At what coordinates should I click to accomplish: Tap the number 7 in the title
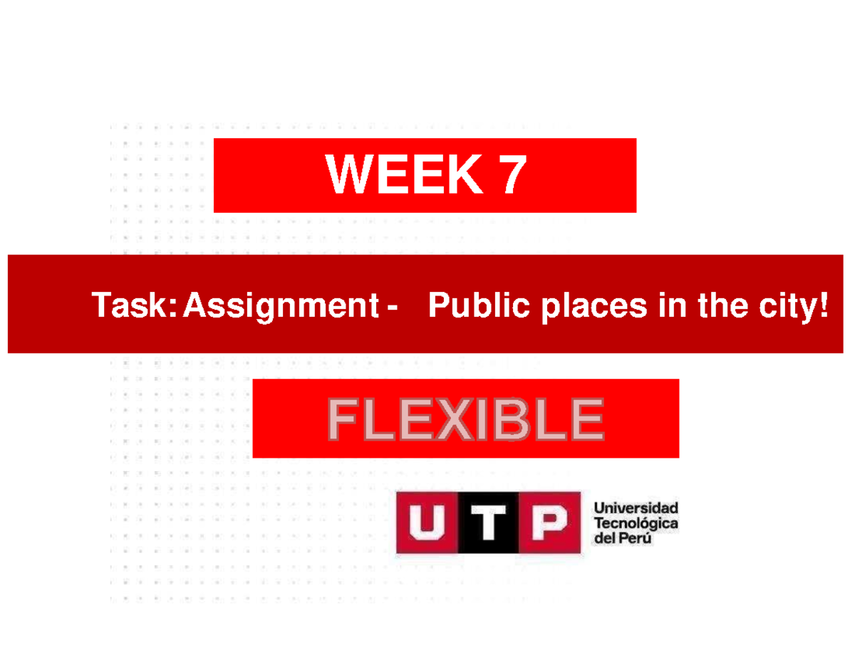pyautogui.click(x=511, y=175)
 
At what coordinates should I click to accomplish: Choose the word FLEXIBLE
pyautogui.click(x=465, y=420)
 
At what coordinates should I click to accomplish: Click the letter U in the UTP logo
pyautogui.click(x=426, y=523)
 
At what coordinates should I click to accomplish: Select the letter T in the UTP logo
pyautogui.click(x=487, y=523)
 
